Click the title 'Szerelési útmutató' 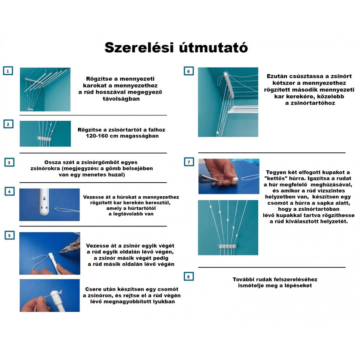click(x=176, y=47)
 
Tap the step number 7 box click(x=188, y=162)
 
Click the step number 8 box click(x=188, y=277)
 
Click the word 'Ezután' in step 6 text click(x=277, y=76)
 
